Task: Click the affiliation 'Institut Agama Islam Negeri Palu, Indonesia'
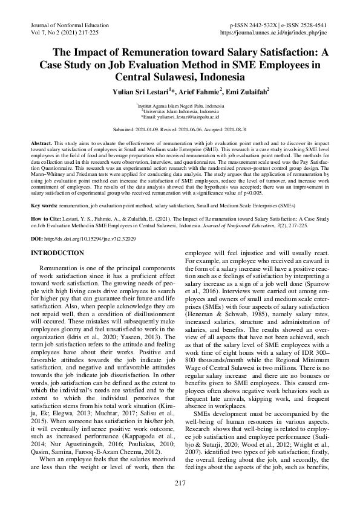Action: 180,105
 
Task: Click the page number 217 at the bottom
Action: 180,482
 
